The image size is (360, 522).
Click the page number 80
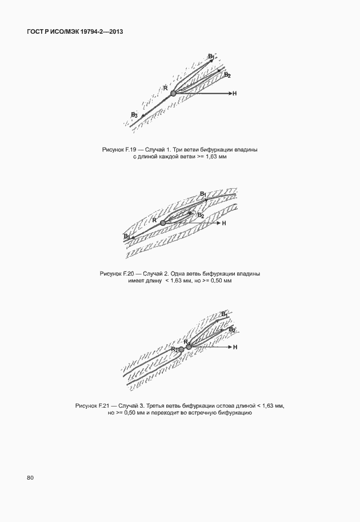point(30,477)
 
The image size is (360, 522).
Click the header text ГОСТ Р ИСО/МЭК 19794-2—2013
point(75,33)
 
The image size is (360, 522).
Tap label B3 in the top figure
point(134,115)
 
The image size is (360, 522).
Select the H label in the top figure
point(234,93)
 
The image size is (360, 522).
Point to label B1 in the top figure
point(211,56)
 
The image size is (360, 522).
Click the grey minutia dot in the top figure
point(174,93)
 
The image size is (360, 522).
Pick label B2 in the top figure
point(227,75)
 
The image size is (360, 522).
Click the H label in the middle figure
point(224,223)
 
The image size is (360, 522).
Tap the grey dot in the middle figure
point(163,222)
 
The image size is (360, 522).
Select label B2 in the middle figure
point(201,216)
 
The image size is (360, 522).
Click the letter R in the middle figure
point(154,220)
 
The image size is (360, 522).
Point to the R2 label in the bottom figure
point(174,348)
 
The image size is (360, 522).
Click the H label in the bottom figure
point(235,347)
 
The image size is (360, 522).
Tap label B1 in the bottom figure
point(225,314)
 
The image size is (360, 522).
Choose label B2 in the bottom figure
point(232,330)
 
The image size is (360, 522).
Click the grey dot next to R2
point(181,348)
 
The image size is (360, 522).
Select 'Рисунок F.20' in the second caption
point(116,274)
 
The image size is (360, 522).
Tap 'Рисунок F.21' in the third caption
point(91,405)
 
